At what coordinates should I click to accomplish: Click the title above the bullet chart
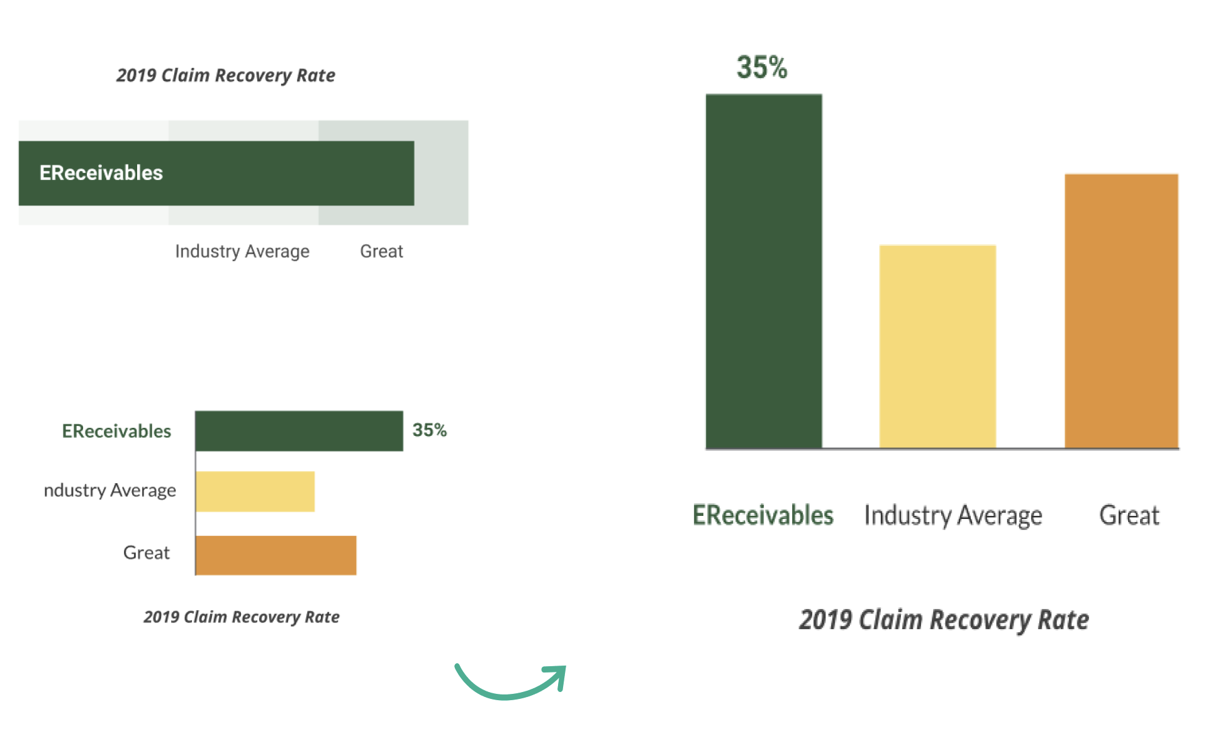pos(225,75)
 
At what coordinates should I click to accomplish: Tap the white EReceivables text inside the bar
pos(101,173)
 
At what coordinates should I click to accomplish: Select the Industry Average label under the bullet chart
pos(242,252)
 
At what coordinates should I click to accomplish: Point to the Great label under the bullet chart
pos(381,252)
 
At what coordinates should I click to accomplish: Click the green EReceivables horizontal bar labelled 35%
pos(299,431)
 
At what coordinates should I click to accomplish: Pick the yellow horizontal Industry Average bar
pos(255,491)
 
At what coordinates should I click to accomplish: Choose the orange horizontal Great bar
pos(276,555)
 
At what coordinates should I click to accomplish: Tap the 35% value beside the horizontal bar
pos(429,430)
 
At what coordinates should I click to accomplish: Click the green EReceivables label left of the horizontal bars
pos(116,432)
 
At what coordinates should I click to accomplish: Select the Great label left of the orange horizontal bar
pos(146,553)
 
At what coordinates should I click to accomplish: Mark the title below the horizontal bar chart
pos(241,617)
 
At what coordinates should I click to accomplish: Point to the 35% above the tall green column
pos(762,67)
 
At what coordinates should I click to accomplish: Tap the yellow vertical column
pos(937,346)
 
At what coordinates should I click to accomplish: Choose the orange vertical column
pos(1121,311)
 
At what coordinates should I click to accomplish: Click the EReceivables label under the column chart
pos(763,515)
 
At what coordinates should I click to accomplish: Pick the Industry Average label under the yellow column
pos(953,516)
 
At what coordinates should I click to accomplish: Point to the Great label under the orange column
pos(1129,516)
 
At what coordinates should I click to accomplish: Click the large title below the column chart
pos(944,620)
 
